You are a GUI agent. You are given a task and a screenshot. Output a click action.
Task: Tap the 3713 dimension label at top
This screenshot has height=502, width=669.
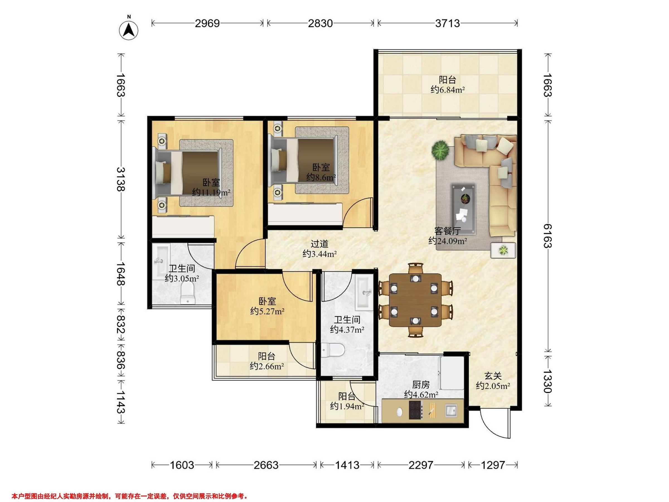coord(447,23)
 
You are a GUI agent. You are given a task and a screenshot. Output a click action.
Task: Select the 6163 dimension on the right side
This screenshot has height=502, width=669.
coord(548,236)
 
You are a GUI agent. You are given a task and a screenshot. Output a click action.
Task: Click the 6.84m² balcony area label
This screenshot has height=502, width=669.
coord(447,90)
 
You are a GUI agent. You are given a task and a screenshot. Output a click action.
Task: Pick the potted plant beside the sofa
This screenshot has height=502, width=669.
coord(440,150)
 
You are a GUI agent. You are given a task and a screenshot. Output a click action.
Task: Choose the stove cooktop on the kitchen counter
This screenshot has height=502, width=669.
coord(416,410)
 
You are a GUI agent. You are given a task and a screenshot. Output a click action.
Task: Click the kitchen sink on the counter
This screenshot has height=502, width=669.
coord(451,411)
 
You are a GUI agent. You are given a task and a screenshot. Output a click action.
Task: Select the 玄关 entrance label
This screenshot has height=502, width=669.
coord(493,376)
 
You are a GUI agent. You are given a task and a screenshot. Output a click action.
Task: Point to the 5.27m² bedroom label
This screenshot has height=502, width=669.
coord(267,311)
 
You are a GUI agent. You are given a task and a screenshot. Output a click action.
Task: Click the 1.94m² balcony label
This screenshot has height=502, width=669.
coord(347,406)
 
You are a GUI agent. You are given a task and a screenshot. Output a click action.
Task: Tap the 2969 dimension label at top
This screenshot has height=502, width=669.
coord(207,23)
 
